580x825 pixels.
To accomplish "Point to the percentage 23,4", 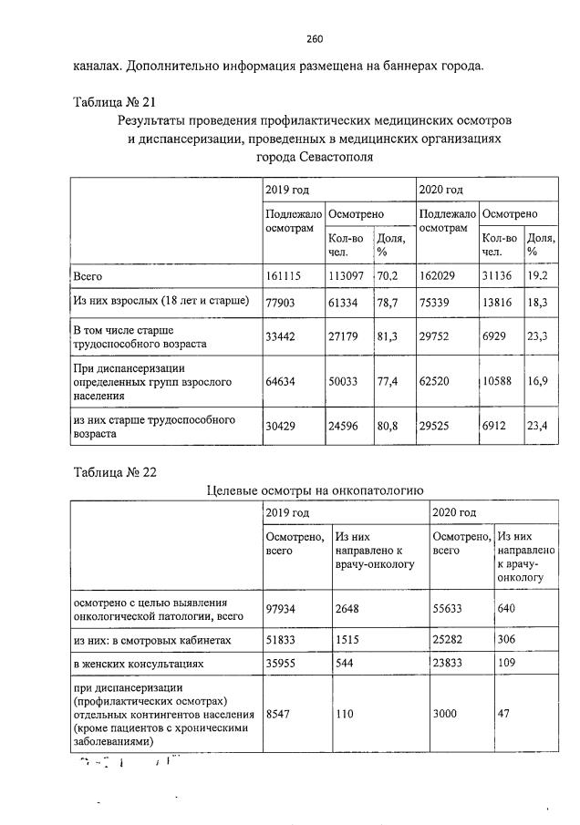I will click(x=537, y=427).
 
